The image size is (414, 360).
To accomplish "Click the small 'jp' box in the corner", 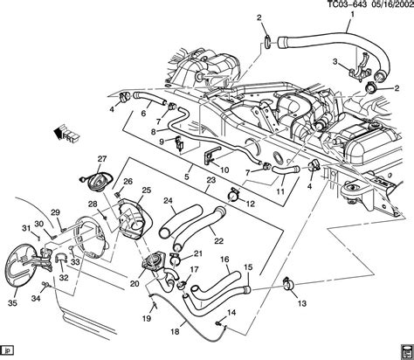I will [10, 351].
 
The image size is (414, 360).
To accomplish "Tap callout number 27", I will [101, 157].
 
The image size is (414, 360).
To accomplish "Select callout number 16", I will [224, 260].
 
